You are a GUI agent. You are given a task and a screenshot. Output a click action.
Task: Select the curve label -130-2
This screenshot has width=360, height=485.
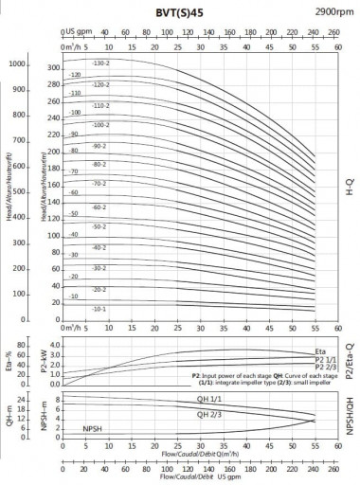[100, 63]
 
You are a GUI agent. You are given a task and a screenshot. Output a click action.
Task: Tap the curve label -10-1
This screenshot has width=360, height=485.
[99, 309]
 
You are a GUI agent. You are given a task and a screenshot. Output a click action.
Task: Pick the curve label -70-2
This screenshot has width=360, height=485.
[99, 184]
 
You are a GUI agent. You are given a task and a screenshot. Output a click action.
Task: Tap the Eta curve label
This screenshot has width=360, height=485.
[320, 351]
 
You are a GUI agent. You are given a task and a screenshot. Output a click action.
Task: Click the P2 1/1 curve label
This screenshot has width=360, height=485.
[324, 360]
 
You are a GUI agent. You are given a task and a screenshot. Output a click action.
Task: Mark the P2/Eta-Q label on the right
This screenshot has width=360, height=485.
[349, 360]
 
